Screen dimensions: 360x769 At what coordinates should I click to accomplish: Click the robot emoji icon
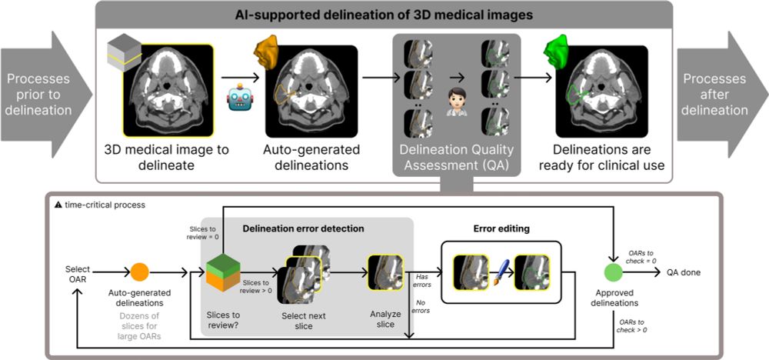(x=237, y=98)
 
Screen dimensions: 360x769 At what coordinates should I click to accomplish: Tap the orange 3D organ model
(x=265, y=56)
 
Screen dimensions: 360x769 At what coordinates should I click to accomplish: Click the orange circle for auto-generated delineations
(x=140, y=272)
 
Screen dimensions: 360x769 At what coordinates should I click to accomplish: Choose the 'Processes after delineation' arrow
(x=720, y=95)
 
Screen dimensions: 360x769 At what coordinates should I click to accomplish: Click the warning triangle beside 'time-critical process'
(x=57, y=205)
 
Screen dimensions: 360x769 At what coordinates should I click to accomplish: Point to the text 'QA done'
(x=684, y=272)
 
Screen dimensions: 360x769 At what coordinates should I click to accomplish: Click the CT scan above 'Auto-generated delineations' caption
(x=315, y=92)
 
